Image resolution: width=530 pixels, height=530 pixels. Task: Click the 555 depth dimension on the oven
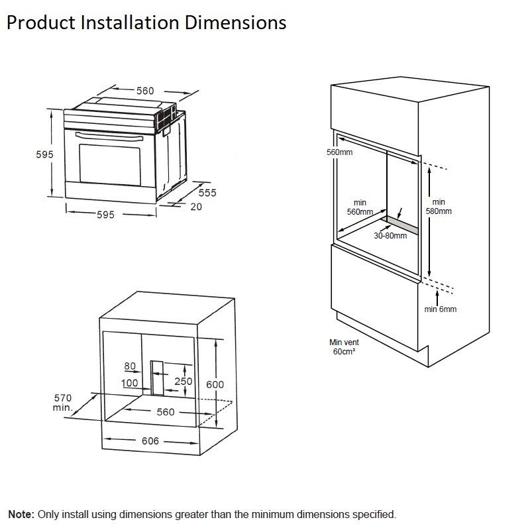pos(207,193)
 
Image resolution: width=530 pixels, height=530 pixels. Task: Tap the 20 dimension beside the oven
pos(196,207)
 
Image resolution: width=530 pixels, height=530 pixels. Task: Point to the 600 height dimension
pos(215,384)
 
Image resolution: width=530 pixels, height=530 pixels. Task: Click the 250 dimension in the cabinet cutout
pos(183,381)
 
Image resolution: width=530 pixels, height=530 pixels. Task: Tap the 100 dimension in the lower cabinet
pos(129,383)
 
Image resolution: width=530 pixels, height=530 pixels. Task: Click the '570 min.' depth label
pos(62,402)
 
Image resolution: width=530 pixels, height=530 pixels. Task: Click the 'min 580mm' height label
pos(439,207)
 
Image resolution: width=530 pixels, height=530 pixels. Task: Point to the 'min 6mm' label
pos(441,309)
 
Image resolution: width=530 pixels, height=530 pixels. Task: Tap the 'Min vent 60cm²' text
pos(343,346)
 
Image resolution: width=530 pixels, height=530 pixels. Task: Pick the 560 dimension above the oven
pos(144,91)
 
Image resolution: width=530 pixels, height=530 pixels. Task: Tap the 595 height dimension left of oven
pos(44,154)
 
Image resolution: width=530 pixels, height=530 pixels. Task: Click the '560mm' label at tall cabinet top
pos(340,152)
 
